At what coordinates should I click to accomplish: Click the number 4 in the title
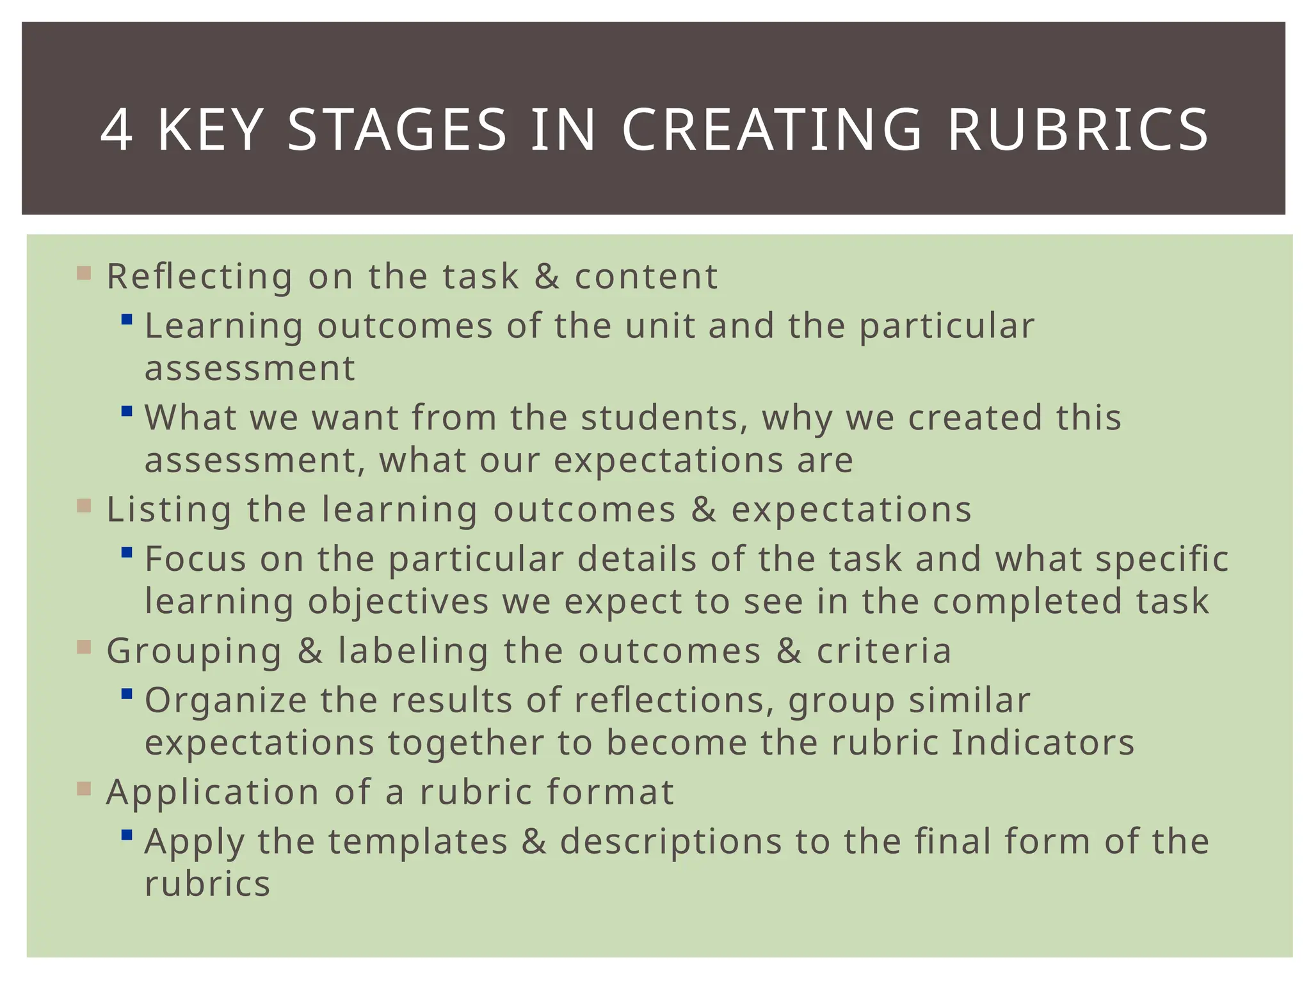coord(117,131)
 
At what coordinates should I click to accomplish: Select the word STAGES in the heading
coord(398,131)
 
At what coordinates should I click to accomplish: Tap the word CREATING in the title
coord(772,131)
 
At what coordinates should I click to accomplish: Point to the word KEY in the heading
coord(211,131)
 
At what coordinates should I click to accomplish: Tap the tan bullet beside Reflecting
coord(84,273)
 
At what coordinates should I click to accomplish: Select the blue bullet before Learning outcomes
coord(127,319)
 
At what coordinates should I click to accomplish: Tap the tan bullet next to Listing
coord(84,506)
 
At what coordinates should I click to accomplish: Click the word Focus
coord(195,559)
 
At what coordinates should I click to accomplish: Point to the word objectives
coord(398,602)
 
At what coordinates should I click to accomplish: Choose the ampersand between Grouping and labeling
coord(310,651)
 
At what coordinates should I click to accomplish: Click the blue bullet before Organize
coord(127,693)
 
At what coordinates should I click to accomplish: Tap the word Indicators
coord(1043,742)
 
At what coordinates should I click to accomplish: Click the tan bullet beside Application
coord(84,788)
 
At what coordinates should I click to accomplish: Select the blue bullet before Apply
coord(127,835)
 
